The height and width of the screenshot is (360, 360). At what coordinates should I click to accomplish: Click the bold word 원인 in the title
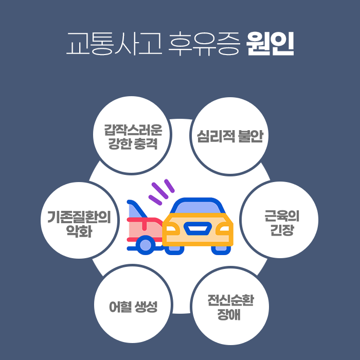click(x=270, y=45)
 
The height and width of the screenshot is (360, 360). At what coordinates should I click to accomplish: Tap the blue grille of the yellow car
click(x=197, y=226)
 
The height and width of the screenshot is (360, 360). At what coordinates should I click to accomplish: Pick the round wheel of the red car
click(x=146, y=244)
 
